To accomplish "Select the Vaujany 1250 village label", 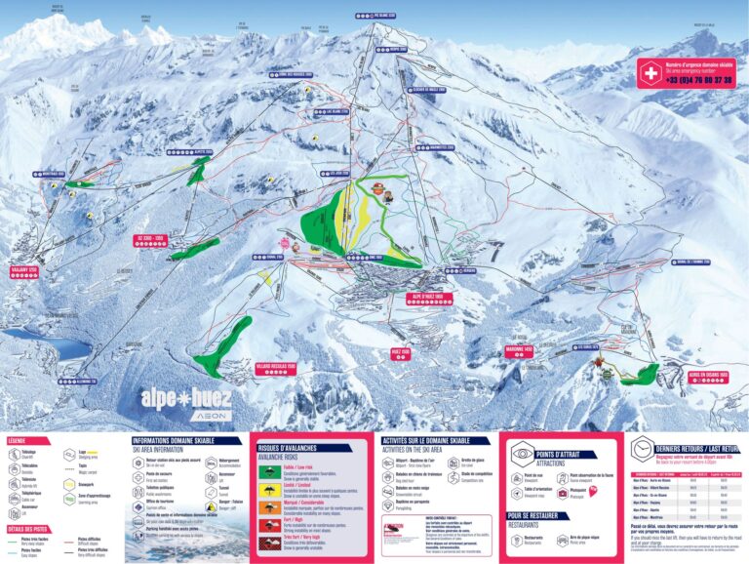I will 23,269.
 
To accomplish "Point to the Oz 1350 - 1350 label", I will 151,238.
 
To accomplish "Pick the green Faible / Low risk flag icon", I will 265,471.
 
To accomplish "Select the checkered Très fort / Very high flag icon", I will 265,540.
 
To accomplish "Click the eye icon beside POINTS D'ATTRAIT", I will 522,453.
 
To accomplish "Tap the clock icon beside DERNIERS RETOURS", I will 642,448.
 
